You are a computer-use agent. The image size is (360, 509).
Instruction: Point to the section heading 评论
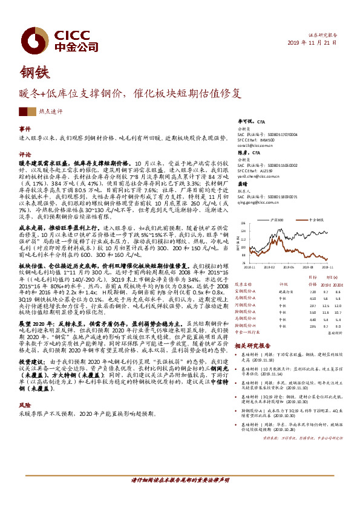[x=25, y=154]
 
